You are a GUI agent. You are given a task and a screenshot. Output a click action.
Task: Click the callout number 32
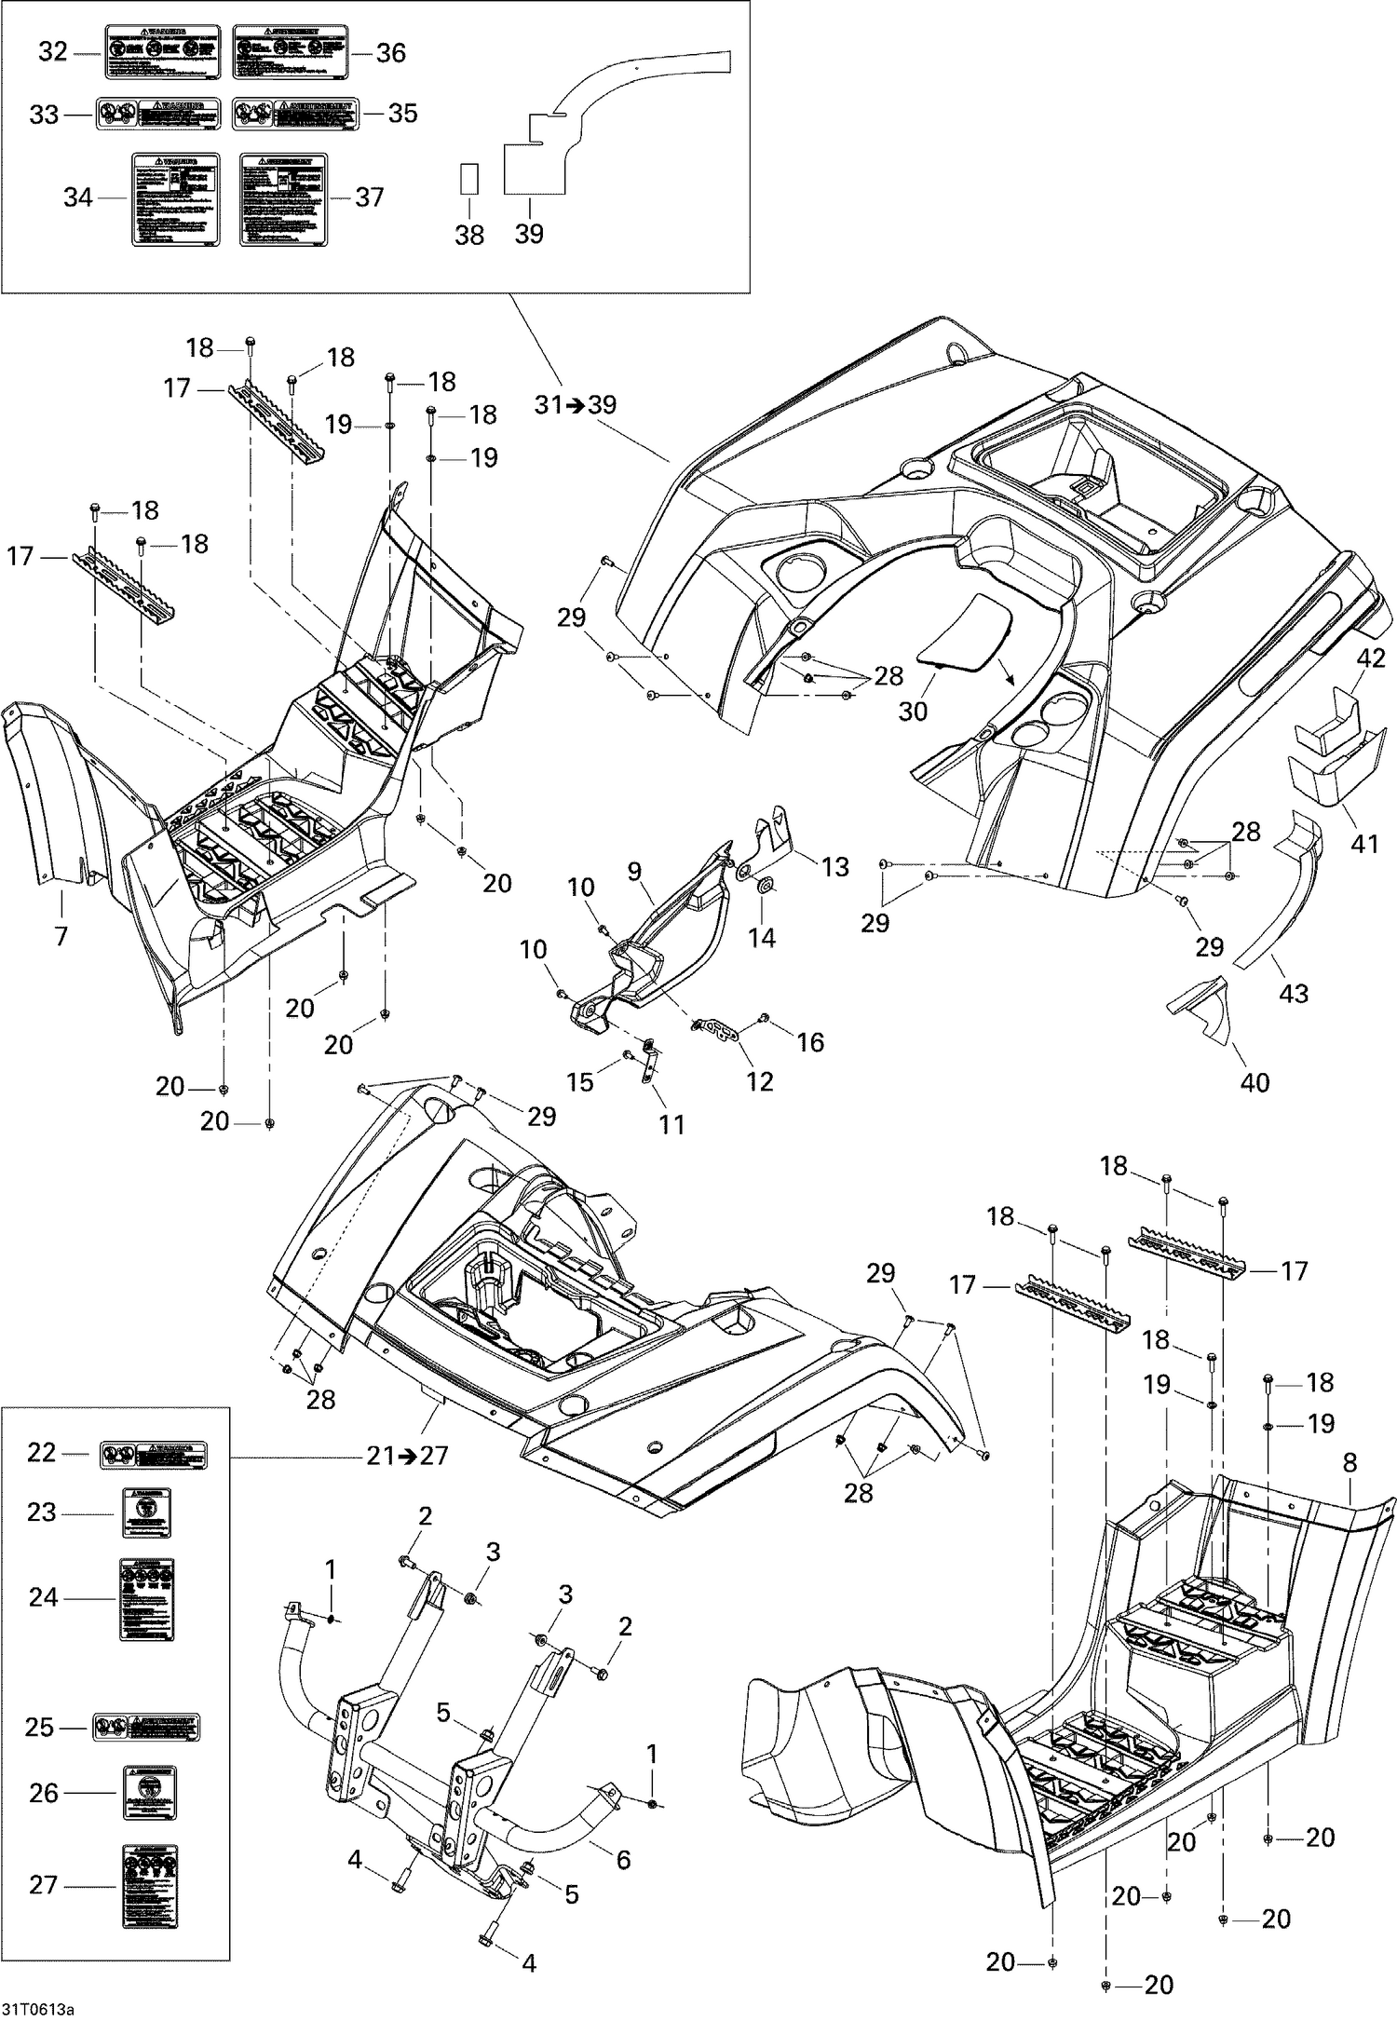[x=53, y=53]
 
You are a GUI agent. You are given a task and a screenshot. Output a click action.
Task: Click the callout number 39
[x=528, y=234]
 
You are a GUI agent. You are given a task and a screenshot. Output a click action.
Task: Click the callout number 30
[x=913, y=710]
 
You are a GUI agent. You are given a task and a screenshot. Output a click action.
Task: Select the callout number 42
[x=1370, y=658]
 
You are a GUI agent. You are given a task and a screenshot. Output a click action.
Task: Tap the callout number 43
[x=1294, y=993]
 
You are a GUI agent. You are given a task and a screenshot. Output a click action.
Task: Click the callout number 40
[x=1255, y=1082]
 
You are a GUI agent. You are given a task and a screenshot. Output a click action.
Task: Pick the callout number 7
[x=61, y=935]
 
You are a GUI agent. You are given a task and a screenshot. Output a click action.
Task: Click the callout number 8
[x=1350, y=1463]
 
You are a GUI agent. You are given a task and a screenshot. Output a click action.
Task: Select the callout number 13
[x=834, y=866]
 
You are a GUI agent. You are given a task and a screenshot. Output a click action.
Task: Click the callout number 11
[x=671, y=1124]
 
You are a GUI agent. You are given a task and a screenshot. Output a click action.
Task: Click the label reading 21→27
[x=408, y=1455]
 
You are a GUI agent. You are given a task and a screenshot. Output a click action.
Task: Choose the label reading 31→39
[x=575, y=405]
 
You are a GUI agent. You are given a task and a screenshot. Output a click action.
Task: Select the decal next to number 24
[x=146, y=1599]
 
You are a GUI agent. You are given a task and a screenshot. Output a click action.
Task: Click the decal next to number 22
[x=153, y=1454]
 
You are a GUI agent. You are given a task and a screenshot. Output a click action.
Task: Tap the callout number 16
[x=810, y=1042]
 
